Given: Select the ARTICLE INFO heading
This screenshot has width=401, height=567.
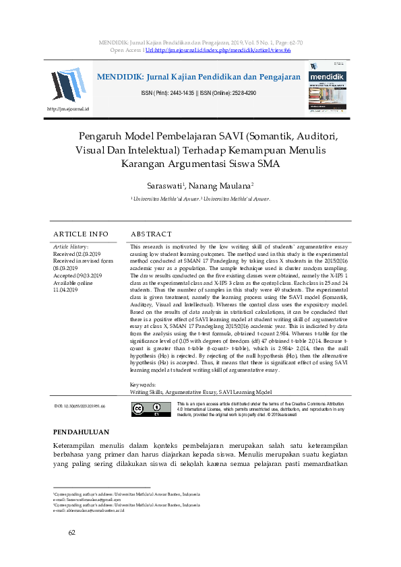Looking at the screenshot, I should pyautogui.click(x=80, y=234).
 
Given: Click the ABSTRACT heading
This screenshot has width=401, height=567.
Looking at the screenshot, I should pyautogui.click(x=151, y=234).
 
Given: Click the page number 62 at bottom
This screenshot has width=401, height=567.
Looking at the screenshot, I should pyautogui.click(x=71, y=533).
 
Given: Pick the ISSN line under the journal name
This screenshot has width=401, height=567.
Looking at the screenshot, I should pyautogui.click(x=198, y=92).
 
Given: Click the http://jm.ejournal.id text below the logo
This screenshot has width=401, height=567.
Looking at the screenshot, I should pyautogui.click(x=68, y=108).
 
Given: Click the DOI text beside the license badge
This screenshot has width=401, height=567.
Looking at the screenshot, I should pyautogui.click(x=80, y=407).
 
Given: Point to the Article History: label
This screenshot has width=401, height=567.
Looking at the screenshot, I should pyautogui.click(x=70, y=247).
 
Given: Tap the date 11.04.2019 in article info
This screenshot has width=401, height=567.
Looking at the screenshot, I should pyautogui.click(x=67, y=290).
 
